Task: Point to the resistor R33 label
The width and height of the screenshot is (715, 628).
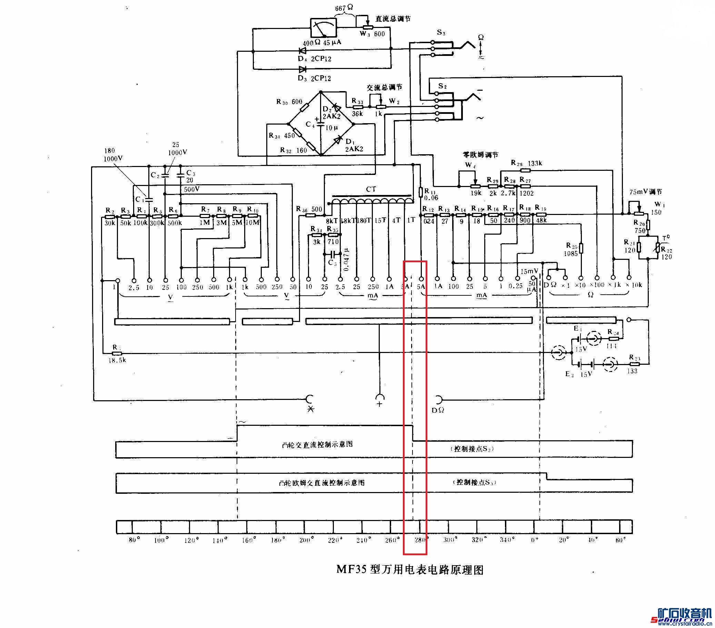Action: [x=357, y=101]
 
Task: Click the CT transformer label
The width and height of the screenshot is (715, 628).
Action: [x=371, y=189]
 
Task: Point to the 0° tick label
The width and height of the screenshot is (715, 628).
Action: [x=534, y=539]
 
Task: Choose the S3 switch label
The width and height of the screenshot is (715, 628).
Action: [x=441, y=33]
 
